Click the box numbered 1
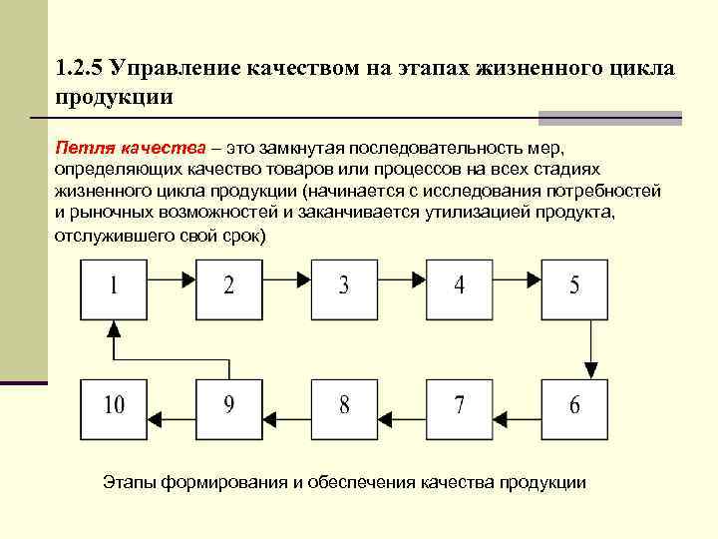click(114, 286)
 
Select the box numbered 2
click(229, 286)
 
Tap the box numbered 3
click(344, 286)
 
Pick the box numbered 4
click(460, 286)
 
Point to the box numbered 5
click(574, 286)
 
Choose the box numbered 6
click(574, 405)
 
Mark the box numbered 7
click(460, 405)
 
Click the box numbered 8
click(344, 405)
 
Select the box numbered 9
click(229, 405)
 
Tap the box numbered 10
click(114, 405)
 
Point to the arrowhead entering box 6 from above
click(591, 371)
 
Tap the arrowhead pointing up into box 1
click(114, 326)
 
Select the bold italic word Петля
click(84, 149)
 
